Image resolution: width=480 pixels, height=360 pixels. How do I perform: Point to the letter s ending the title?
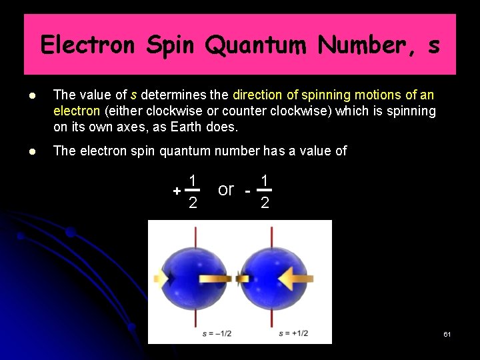[434, 45]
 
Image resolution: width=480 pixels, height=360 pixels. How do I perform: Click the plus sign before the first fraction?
[176, 191]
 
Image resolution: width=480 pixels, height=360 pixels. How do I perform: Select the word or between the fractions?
[226, 189]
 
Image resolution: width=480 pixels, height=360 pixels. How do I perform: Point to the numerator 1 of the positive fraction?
[192, 180]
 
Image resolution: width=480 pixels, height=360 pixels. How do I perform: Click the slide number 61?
[447, 333]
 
